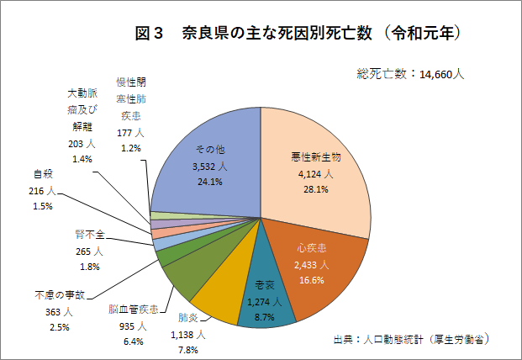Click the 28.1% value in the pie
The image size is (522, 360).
[x=315, y=190]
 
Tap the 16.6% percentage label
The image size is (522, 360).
[x=311, y=280]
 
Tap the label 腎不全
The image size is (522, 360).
[x=82, y=234]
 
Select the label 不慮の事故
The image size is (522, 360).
[x=61, y=296]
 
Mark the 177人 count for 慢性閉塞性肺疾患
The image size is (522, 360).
[x=130, y=133]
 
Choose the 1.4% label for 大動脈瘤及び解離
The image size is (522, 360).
[x=82, y=159]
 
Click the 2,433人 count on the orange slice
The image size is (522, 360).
[x=311, y=265]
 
